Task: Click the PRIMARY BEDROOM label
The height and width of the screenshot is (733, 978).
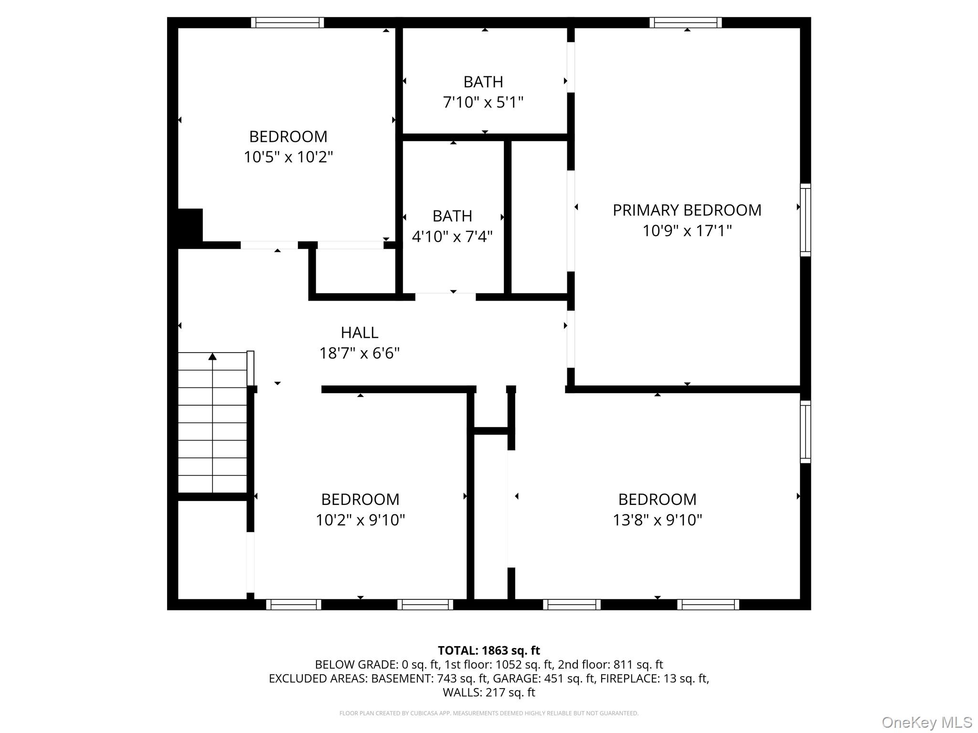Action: pyautogui.click(x=687, y=210)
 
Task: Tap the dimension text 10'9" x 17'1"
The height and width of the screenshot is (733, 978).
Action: pyautogui.click(x=687, y=231)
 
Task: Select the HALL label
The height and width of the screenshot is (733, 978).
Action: pyautogui.click(x=359, y=333)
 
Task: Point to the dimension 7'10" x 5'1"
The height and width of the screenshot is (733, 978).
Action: pyautogui.click(x=483, y=103)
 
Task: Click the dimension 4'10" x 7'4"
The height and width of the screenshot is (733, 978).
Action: pyautogui.click(x=452, y=237)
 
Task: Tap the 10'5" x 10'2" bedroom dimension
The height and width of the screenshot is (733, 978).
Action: pyautogui.click(x=288, y=157)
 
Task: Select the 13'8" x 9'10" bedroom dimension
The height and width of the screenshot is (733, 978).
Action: pyautogui.click(x=657, y=520)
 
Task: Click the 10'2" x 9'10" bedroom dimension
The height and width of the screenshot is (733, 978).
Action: pyautogui.click(x=360, y=520)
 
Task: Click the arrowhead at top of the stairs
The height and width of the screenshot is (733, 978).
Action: pyautogui.click(x=213, y=356)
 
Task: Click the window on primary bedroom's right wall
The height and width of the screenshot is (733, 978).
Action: pyautogui.click(x=805, y=220)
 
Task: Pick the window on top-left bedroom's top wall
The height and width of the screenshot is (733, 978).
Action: pyautogui.click(x=287, y=22)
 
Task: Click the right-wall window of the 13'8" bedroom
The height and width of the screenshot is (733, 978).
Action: pyautogui.click(x=805, y=432)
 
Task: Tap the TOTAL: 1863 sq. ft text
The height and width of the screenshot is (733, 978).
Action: pyautogui.click(x=489, y=650)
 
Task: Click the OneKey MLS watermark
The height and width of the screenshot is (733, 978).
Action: pyautogui.click(x=926, y=723)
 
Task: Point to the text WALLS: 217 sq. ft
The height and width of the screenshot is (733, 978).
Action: pyautogui.click(x=489, y=692)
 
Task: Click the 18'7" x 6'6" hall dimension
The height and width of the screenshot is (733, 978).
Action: pyautogui.click(x=359, y=354)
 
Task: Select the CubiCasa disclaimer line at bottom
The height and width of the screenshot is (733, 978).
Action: pyautogui.click(x=489, y=713)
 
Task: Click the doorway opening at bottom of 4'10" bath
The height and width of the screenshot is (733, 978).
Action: pyautogui.click(x=445, y=297)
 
